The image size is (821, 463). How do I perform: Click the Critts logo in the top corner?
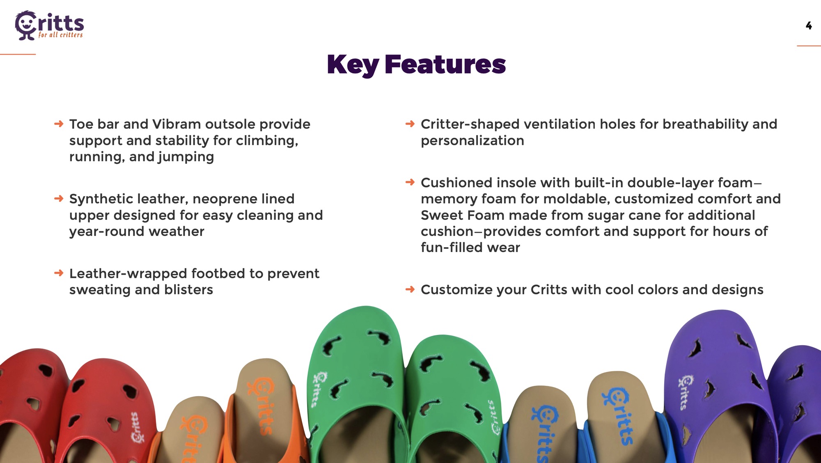(x=49, y=25)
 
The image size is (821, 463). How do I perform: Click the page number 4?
(x=808, y=26)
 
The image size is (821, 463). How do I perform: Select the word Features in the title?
(x=445, y=64)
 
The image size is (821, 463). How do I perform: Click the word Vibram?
(x=177, y=124)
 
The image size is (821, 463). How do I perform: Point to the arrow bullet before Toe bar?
(x=59, y=124)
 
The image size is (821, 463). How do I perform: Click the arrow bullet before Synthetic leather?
(x=59, y=199)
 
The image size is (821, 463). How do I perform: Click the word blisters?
(x=188, y=290)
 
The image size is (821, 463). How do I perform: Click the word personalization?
(x=472, y=141)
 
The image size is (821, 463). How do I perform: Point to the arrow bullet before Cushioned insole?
(x=410, y=182)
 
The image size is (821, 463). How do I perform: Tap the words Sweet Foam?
(x=462, y=215)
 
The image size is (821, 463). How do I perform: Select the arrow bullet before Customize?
(x=410, y=289)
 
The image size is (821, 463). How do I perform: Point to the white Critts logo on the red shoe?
(x=138, y=427)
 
